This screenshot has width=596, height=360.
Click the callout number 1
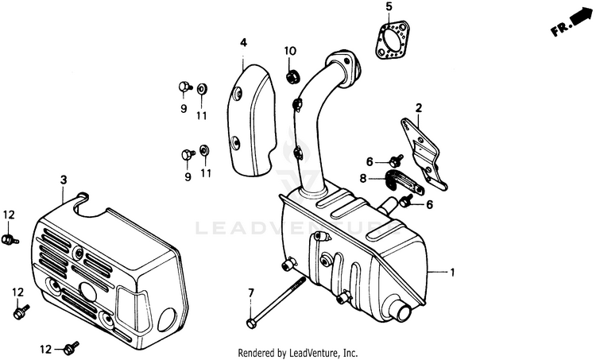tap(452, 273)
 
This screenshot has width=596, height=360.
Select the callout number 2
tap(418, 107)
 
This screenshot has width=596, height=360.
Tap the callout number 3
tap(63, 180)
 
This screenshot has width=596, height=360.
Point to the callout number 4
tap(244, 41)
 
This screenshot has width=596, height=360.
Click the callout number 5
tap(389, 7)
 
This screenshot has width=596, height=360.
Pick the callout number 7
tap(250, 294)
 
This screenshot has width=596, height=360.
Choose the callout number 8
tap(363, 179)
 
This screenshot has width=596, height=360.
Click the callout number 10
tap(290, 52)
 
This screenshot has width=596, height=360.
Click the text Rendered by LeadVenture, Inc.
tap(298, 352)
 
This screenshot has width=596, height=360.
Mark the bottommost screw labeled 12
tap(73, 346)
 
